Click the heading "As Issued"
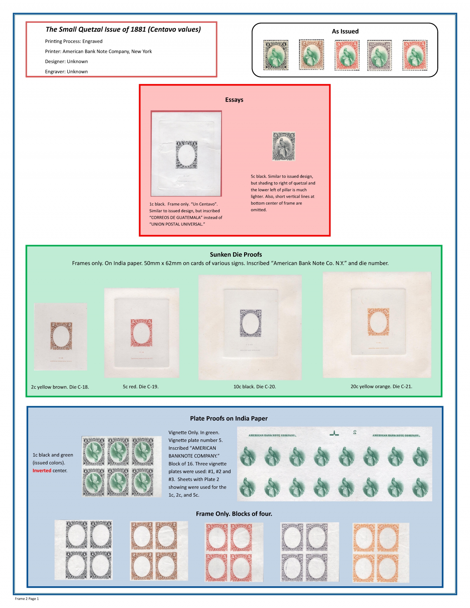pyautogui.click(x=345, y=31)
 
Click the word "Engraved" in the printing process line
pyautogui.click(x=92, y=41)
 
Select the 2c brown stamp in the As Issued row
pyautogui.click(x=311, y=55)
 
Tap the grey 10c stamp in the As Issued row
pyautogui.click(x=379, y=56)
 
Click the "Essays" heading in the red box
pyautogui.click(x=234, y=100)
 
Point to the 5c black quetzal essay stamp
pyautogui.click(x=283, y=146)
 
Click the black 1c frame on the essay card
pyautogui.click(x=187, y=155)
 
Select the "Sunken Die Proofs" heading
pyautogui.click(x=236, y=255)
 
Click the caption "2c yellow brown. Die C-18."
pyautogui.click(x=60, y=387)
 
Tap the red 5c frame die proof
pyautogui.click(x=141, y=333)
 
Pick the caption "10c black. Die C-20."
pyautogui.click(x=254, y=387)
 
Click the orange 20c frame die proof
pyautogui.click(x=378, y=322)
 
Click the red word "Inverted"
pyautogui.click(x=42, y=471)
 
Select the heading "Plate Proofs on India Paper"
pyautogui.click(x=229, y=419)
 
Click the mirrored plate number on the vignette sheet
pyautogui.click(x=355, y=432)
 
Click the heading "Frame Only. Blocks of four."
pyautogui.click(x=234, y=514)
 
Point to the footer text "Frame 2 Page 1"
pyautogui.click(x=27, y=599)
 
